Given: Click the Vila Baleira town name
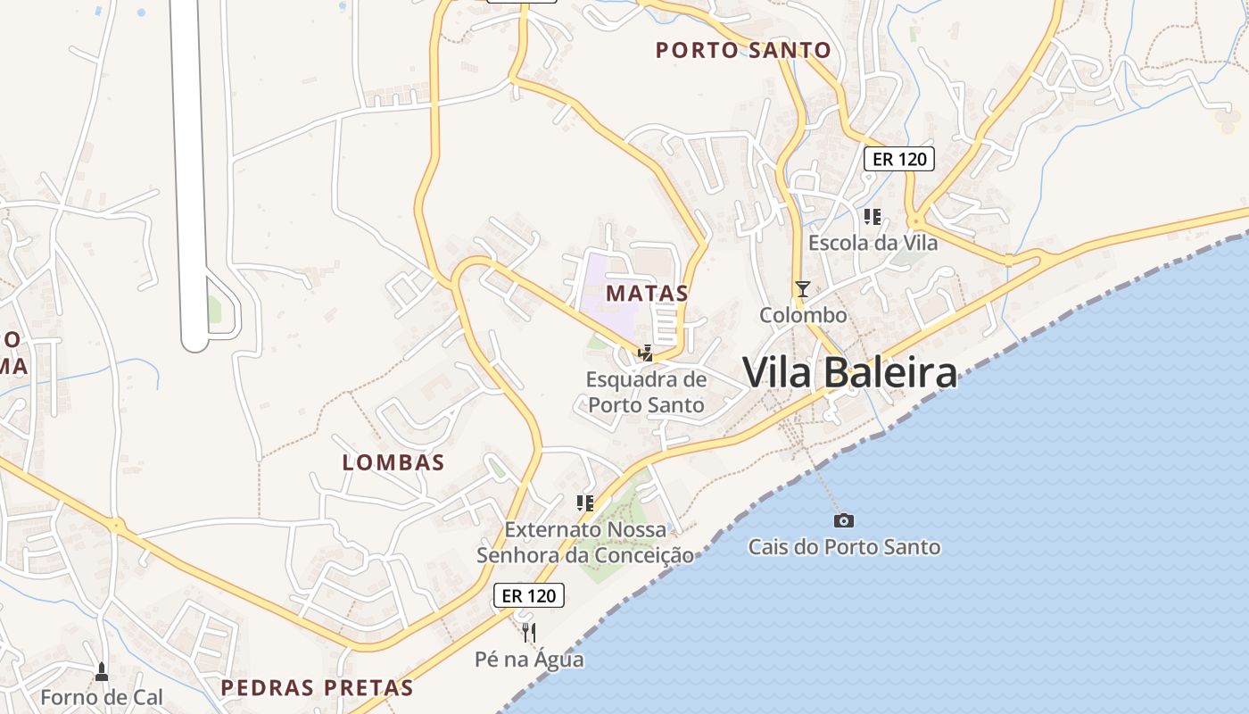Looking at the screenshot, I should pyautogui.click(x=849, y=372).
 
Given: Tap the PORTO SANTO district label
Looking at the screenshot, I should pyautogui.click(x=743, y=50).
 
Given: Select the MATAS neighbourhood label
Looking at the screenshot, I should pyautogui.click(x=647, y=293).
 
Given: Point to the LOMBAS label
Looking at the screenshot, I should pyautogui.click(x=393, y=462).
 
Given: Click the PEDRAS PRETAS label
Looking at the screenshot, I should pyautogui.click(x=317, y=688).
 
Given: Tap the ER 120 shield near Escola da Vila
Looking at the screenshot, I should pyautogui.click(x=898, y=159).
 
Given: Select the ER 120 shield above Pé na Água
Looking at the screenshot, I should pyautogui.click(x=529, y=595).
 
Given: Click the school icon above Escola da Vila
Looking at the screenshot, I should pyautogui.click(x=873, y=216).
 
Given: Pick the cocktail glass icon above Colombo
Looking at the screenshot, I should pyautogui.click(x=803, y=288).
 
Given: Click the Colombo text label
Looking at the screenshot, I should pyautogui.click(x=803, y=315).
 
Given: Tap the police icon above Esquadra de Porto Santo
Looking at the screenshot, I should pyautogui.click(x=645, y=353).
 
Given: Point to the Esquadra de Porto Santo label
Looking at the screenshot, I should pyautogui.click(x=646, y=392).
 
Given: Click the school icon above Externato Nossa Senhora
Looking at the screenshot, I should pyautogui.click(x=584, y=503).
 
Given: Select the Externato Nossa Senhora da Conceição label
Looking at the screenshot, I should pyautogui.click(x=585, y=542).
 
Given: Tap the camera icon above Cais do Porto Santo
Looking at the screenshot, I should pyautogui.click(x=844, y=520).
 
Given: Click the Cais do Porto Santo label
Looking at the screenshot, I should pyautogui.click(x=844, y=546).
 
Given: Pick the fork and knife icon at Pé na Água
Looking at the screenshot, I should pyautogui.click(x=529, y=633).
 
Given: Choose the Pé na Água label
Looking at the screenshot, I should pyautogui.click(x=529, y=660).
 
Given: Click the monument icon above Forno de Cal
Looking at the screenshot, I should pyautogui.click(x=102, y=670).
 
